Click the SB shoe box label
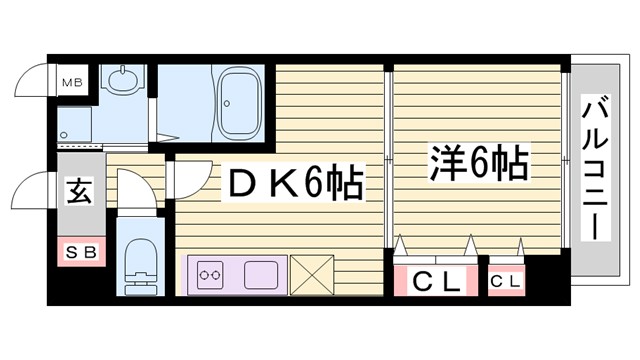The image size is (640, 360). (x=78, y=252)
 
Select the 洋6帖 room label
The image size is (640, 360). (x=479, y=163)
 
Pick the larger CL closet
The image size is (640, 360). (x=436, y=281)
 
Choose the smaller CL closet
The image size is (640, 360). (x=505, y=281)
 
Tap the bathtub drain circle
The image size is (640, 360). (x=228, y=100)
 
